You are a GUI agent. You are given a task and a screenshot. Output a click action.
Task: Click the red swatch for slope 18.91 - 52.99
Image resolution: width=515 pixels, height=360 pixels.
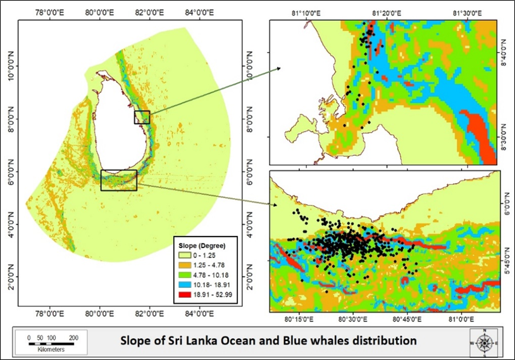183,295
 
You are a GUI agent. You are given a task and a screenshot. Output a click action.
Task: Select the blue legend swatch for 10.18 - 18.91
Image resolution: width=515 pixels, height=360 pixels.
183,285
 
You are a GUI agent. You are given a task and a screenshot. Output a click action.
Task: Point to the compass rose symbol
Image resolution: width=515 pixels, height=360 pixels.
485,342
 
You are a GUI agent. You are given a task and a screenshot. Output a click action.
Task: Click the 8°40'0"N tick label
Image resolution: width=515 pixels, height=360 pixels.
505,47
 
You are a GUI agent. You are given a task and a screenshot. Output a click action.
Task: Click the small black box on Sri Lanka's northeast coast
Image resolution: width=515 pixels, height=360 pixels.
142,117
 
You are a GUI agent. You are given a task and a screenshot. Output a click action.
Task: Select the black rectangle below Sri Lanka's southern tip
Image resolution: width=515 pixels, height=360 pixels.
119,180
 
